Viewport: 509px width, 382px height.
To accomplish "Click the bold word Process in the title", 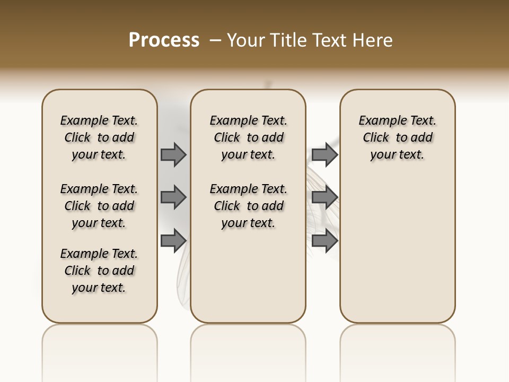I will [x=164, y=40].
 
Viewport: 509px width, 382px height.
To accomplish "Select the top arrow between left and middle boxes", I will [x=173, y=155].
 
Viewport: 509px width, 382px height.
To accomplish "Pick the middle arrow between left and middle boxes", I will [x=173, y=197].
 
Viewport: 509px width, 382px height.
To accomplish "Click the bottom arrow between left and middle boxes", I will [x=173, y=240].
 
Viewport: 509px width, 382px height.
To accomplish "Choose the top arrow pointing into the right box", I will [x=324, y=155].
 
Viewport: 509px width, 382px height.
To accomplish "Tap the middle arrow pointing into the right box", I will [x=324, y=197].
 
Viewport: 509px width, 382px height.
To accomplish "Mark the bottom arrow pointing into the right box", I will [x=324, y=240].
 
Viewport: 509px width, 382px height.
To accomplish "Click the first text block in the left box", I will [x=99, y=137].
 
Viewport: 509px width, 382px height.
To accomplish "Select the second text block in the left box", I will [x=99, y=206].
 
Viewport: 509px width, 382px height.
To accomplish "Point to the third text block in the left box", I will [x=99, y=271].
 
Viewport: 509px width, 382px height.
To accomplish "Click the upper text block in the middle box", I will [x=248, y=137].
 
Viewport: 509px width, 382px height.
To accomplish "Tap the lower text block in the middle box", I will [x=248, y=206].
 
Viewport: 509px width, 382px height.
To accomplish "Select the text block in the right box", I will [x=397, y=137].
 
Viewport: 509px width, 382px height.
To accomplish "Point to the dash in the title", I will [x=215, y=40].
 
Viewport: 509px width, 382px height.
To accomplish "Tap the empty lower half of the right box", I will [x=397, y=255].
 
